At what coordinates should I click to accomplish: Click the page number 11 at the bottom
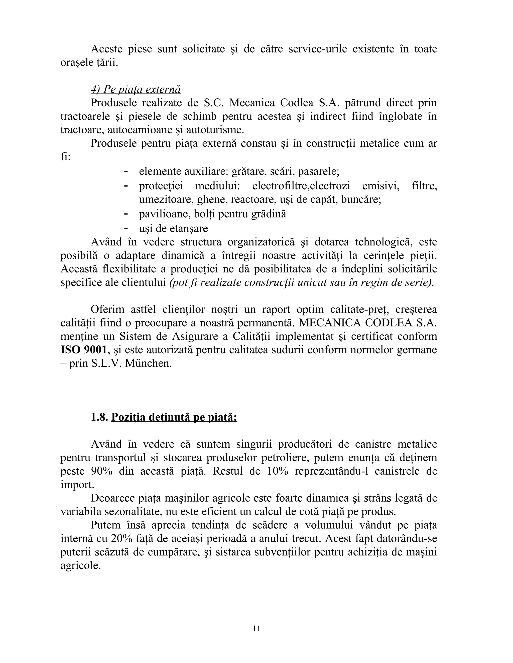pyautogui.click(x=256, y=628)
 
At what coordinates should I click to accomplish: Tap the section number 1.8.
pyautogui.click(x=99, y=417)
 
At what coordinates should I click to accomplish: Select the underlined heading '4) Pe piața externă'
pyautogui.click(x=136, y=89)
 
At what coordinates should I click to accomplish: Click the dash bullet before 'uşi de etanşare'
pyautogui.click(x=125, y=227)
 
